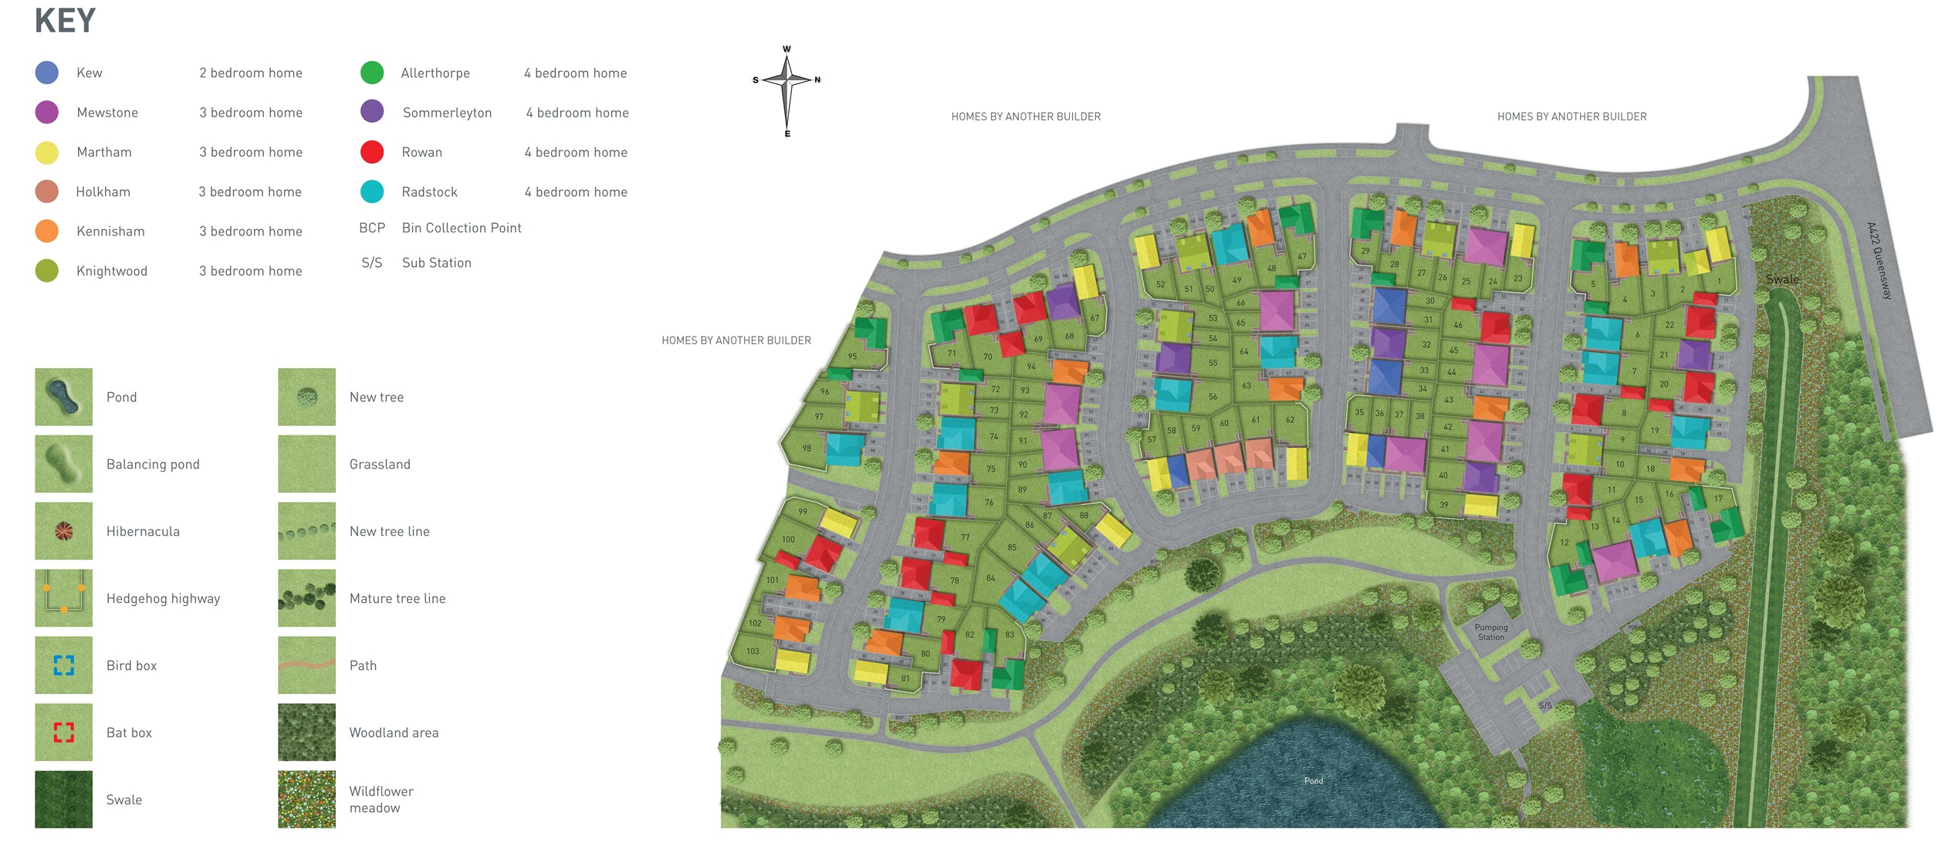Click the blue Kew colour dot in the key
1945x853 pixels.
(x=47, y=73)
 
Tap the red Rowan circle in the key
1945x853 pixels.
(x=372, y=152)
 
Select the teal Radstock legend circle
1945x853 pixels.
(x=372, y=191)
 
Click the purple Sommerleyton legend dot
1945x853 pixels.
(x=372, y=111)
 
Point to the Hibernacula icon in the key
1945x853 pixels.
(x=63, y=531)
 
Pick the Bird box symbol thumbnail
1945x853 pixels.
(x=63, y=665)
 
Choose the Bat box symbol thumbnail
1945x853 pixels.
(x=63, y=732)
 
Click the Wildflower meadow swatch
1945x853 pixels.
(x=306, y=799)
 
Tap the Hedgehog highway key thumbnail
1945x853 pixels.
(x=63, y=597)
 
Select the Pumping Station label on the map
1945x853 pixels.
(x=1490, y=632)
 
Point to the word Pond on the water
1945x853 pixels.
(x=1314, y=781)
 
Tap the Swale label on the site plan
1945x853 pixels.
(x=1782, y=279)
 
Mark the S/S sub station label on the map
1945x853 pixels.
(x=1545, y=706)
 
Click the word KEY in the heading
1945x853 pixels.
(x=65, y=21)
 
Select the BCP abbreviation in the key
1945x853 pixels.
(x=372, y=228)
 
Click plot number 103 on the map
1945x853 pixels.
(x=753, y=652)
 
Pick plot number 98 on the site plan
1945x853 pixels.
(x=807, y=448)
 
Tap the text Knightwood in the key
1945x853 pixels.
(x=112, y=271)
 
